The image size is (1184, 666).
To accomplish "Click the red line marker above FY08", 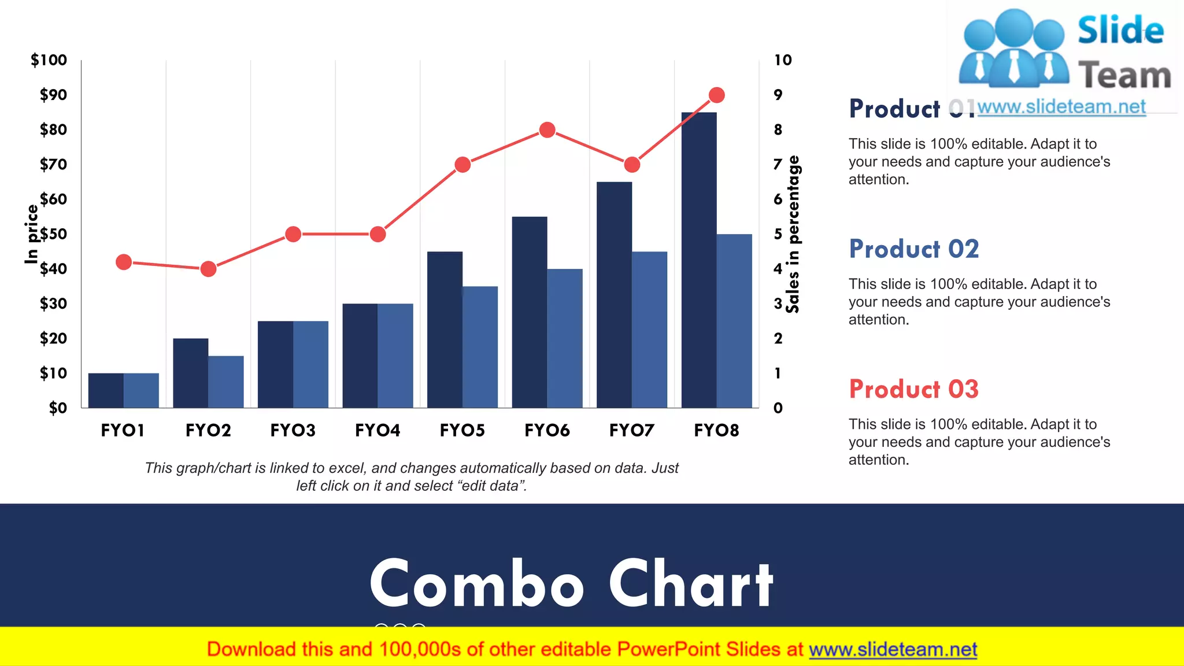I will pyautogui.click(x=716, y=95).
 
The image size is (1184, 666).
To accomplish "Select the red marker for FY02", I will pyautogui.click(x=208, y=269).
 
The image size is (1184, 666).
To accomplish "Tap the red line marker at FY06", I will pyautogui.click(x=547, y=130).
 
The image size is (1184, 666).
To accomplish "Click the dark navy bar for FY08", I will pyautogui.click(x=699, y=260).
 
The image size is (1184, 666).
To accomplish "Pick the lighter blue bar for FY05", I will pyautogui.click(x=480, y=347).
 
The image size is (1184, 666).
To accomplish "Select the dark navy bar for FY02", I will pyautogui.click(x=191, y=373).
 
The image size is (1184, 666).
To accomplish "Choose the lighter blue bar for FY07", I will pyautogui.click(x=649, y=330).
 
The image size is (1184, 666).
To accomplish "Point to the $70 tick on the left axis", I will pyautogui.click(x=53, y=165).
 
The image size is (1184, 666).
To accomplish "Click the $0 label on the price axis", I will pyautogui.click(x=58, y=408).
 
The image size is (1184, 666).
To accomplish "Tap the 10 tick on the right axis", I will pyautogui.click(x=783, y=60).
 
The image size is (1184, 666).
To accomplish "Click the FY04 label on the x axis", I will pyautogui.click(x=378, y=430).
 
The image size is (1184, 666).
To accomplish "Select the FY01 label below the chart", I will pyautogui.click(x=123, y=430).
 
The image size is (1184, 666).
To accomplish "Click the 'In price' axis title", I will pyautogui.click(x=32, y=234).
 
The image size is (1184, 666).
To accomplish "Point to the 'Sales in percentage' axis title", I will pyautogui.click(x=794, y=234).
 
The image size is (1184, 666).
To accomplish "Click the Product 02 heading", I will pyautogui.click(x=913, y=249).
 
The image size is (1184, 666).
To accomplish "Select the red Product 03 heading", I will pyautogui.click(x=913, y=389).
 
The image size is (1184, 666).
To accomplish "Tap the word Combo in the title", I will pyautogui.click(x=477, y=584).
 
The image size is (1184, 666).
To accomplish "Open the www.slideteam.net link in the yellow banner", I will pyautogui.click(x=893, y=649).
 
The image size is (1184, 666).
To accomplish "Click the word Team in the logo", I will pyautogui.click(x=1124, y=76).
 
